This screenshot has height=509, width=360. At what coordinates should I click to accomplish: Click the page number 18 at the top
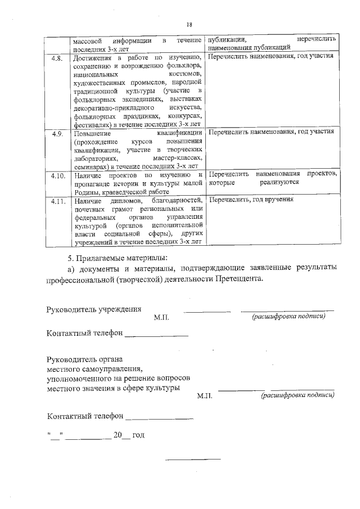tap(189, 24)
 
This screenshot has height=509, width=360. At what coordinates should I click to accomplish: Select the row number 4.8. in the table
tap(57, 58)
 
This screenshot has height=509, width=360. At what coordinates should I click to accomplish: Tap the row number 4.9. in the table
tap(57, 133)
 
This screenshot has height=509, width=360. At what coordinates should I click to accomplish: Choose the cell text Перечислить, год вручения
tap(251, 200)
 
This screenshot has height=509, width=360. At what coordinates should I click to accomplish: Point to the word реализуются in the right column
tap(279, 183)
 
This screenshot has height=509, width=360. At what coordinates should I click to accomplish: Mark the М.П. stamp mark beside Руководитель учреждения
tap(161, 318)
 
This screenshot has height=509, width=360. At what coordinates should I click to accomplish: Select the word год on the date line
tap(139, 435)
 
